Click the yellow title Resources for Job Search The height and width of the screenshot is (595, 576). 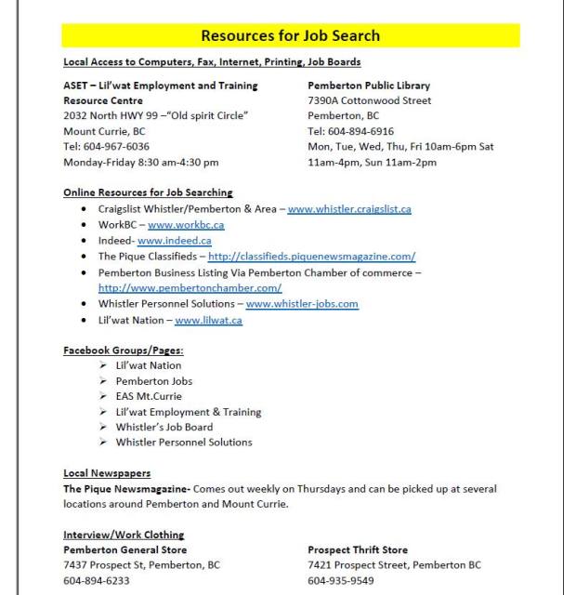(x=290, y=36)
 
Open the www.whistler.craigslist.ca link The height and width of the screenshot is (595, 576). (x=348, y=209)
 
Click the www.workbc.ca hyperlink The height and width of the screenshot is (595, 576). (x=186, y=225)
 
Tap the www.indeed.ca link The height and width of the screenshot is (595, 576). (x=174, y=241)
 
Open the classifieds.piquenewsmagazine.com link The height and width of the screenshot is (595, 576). (x=311, y=257)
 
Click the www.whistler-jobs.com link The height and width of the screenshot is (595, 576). (x=302, y=304)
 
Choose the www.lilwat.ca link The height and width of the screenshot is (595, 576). (x=208, y=320)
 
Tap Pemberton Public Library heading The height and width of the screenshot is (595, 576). (x=369, y=86)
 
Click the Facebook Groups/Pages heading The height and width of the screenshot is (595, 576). (x=123, y=350)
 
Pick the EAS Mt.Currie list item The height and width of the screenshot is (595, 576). (x=149, y=396)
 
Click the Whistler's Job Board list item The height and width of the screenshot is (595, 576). (x=164, y=427)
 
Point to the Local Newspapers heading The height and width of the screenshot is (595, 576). (x=107, y=473)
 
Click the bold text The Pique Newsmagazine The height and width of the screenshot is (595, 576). (x=126, y=488)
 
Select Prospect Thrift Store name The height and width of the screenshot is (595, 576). (x=358, y=549)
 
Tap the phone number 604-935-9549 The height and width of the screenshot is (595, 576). (x=341, y=580)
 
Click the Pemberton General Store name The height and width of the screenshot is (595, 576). (x=124, y=549)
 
